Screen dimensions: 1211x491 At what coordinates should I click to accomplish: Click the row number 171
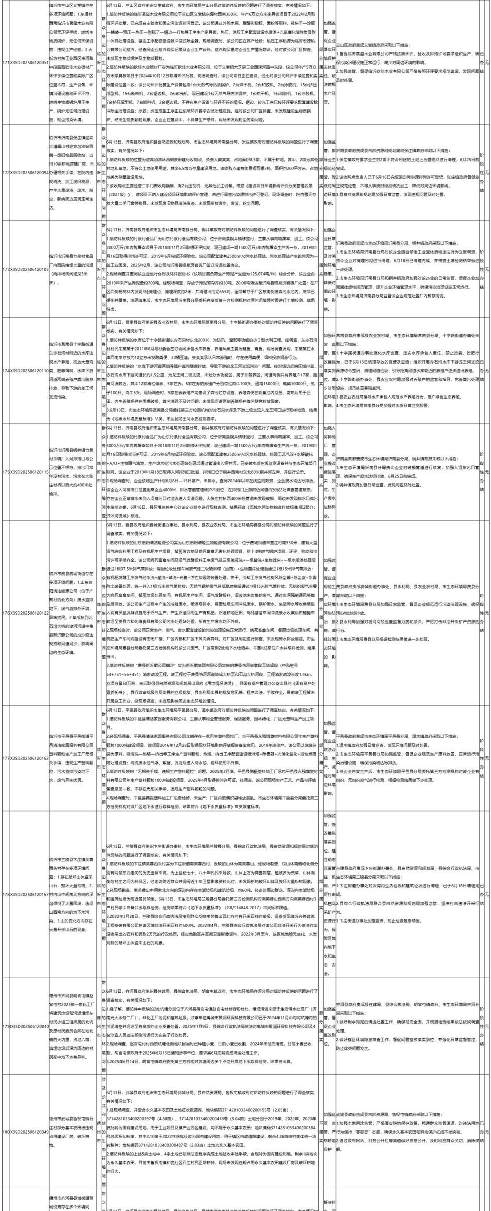coord(5,63)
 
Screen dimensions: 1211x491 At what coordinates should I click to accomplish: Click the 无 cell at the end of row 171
coord(487,63)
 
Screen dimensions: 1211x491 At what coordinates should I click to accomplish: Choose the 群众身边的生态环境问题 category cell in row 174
coord(104,371)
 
